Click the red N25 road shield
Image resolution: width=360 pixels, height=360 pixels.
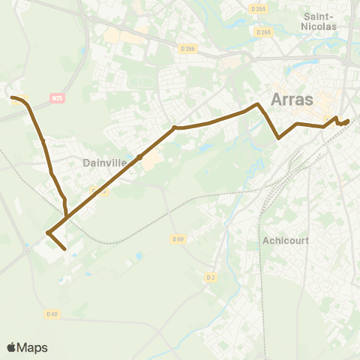(57, 97)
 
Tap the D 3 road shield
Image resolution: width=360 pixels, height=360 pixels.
(211, 277)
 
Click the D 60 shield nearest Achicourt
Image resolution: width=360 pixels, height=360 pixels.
(177, 238)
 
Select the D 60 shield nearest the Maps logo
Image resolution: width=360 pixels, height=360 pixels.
(52, 313)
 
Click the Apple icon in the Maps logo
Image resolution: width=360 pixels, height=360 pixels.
(11, 347)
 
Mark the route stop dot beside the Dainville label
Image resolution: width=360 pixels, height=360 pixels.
(139, 157)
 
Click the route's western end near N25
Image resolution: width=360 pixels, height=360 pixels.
(12, 97)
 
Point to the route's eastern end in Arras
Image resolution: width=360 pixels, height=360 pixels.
(348, 121)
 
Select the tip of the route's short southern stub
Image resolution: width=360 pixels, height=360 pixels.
(65, 248)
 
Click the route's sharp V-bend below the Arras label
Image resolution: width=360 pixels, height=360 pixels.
(279, 138)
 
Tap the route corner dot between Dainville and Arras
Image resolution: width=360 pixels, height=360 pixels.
(175, 127)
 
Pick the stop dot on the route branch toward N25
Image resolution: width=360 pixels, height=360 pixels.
(43, 141)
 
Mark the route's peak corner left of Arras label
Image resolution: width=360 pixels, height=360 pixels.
(258, 104)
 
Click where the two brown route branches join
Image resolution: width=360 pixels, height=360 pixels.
(67, 217)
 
